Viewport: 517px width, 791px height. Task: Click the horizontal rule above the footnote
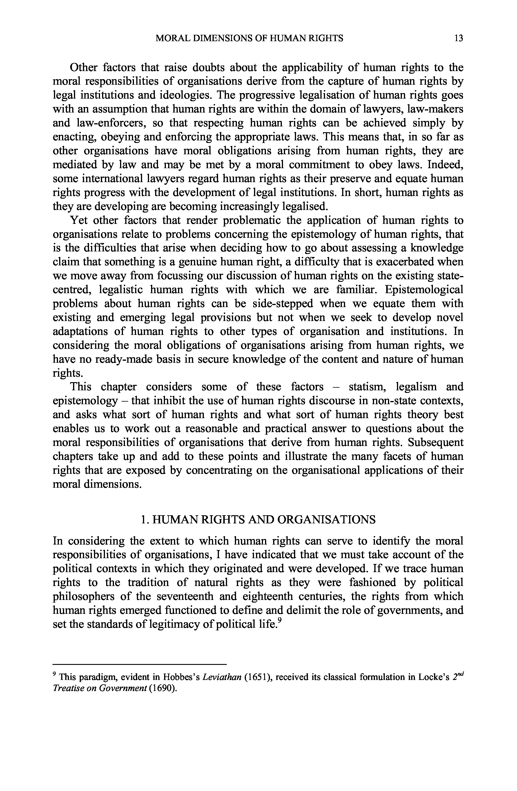pyautogui.click(x=139, y=664)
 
